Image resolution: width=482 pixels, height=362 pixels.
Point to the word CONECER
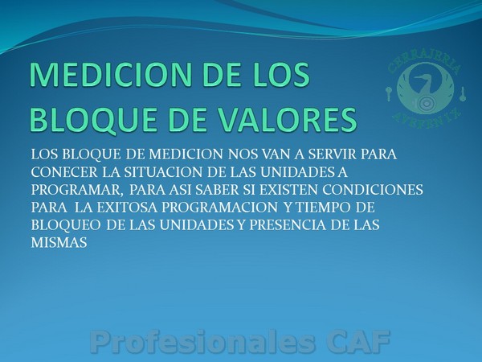[x=64, y=172]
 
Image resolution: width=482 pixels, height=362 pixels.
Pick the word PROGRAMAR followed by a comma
[x=76, y=190]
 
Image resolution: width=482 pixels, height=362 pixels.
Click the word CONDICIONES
[x=373, y=190]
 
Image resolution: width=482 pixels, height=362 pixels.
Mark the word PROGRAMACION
[x=219, y=208]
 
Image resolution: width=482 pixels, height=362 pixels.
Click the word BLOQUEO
[x=66, y=225]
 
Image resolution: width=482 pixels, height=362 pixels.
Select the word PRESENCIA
[x=287, y=225]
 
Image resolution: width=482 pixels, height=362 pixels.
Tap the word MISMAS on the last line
[x=59, y=243]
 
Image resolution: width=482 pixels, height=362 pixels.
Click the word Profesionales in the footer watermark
[x=203, y=342]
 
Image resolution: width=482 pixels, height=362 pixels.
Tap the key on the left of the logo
[x=389, y=93]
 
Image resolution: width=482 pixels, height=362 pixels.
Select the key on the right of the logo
[x=463, y=93]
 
